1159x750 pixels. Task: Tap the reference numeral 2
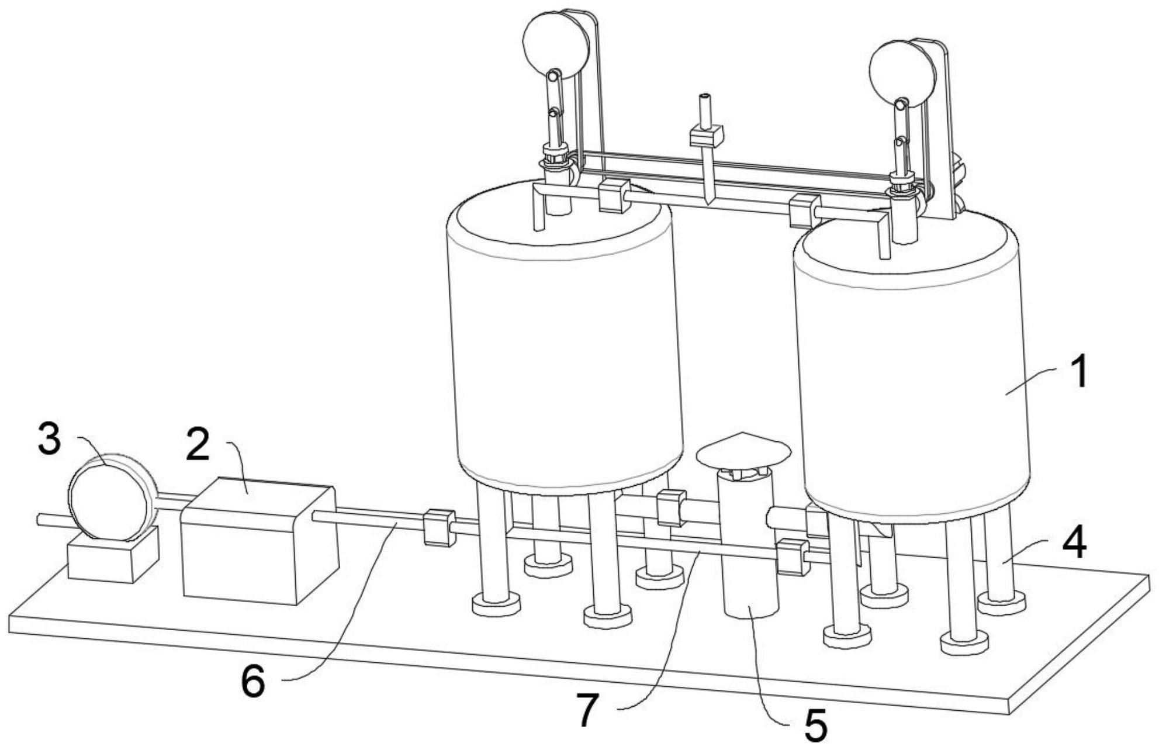(198, 443)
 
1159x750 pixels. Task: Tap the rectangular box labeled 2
(260, 540)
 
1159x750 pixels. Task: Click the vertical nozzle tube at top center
(705, 110)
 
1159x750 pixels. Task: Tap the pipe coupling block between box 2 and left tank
(439, 527)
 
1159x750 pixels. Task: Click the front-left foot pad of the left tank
(496, 604)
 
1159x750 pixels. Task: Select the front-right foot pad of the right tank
(964, 642)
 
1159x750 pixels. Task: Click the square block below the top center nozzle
(706, 136)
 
